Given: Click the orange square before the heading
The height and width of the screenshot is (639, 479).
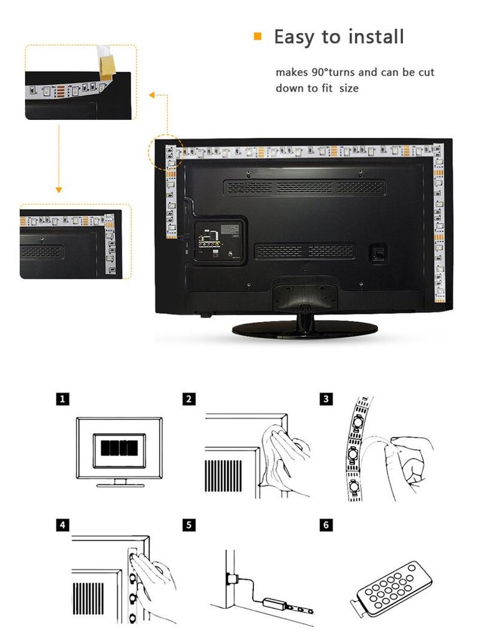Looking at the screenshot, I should pyautogui.click(x=257, y=37).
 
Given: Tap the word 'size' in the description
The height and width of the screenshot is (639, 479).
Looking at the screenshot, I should pyautogui.click(x=349, y=89).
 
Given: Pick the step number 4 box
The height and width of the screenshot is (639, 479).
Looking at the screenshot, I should pyautogui.click(x=62, y=525).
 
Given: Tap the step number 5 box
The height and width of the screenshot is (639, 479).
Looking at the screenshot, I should pyautogui.click(x=190, y=525).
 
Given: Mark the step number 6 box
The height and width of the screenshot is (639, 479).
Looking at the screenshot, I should pyautogui.click(x=326, y=525).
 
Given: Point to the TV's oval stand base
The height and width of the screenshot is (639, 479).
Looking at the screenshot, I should pyautogui.click(x=304, y=329).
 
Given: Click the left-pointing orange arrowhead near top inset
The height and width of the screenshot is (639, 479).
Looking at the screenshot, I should pyautogui.click(x=152, y=95).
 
